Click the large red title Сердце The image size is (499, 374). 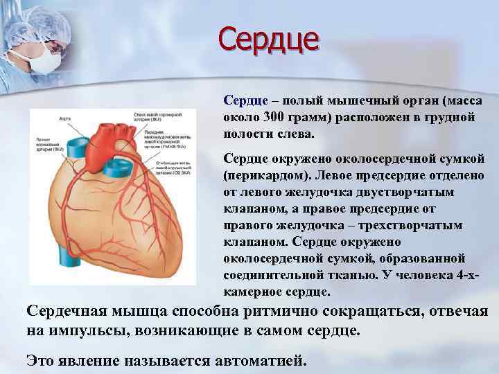(x=270, y=37)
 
